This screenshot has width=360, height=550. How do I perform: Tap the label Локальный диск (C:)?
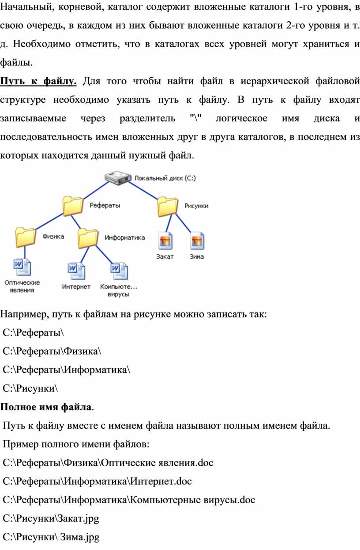[165, 179]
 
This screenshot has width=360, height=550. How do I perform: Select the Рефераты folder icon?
[73, 206]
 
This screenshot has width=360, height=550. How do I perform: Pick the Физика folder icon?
[25, 237]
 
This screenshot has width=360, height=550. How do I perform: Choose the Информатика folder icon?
[88, 238]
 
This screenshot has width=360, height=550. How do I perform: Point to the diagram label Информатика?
[125, 237]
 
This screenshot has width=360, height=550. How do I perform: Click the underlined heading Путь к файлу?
[39, 81]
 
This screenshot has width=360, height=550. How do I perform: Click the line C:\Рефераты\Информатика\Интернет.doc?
[97, 481]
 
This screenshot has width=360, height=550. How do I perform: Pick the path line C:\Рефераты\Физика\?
[52, 351]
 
